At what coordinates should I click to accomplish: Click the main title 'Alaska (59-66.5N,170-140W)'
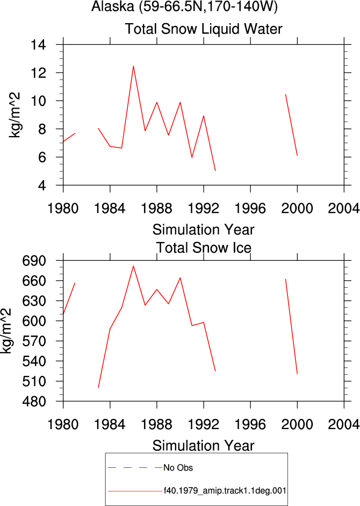coord(184,6)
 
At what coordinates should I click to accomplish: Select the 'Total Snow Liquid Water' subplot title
coord(204,29)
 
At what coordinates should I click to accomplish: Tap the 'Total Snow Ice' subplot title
coord(204,248)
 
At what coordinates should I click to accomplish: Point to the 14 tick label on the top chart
coord(38,45)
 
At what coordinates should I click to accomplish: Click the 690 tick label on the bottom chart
coord(34,260)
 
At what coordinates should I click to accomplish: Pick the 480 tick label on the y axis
coord(34,402)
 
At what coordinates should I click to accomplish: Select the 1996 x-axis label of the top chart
coord(250,209)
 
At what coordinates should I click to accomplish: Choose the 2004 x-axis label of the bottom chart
coord(344,424)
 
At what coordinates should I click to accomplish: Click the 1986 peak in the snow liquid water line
coord(133,66)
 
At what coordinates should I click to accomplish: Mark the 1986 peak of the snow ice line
coord(133,266)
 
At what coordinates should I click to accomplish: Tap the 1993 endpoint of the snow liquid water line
coord(215,170)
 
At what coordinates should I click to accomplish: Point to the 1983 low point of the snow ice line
coord(98,387)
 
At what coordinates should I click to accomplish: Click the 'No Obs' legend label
coord(178,468)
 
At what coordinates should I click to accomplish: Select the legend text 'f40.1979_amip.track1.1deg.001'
coord(225,491)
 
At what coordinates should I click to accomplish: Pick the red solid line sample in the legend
coord(135,491)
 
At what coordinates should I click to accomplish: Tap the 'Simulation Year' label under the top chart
coord(204,230)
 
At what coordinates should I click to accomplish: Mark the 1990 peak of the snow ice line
coord(180,277)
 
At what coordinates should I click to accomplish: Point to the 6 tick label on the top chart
coord(42,157)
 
